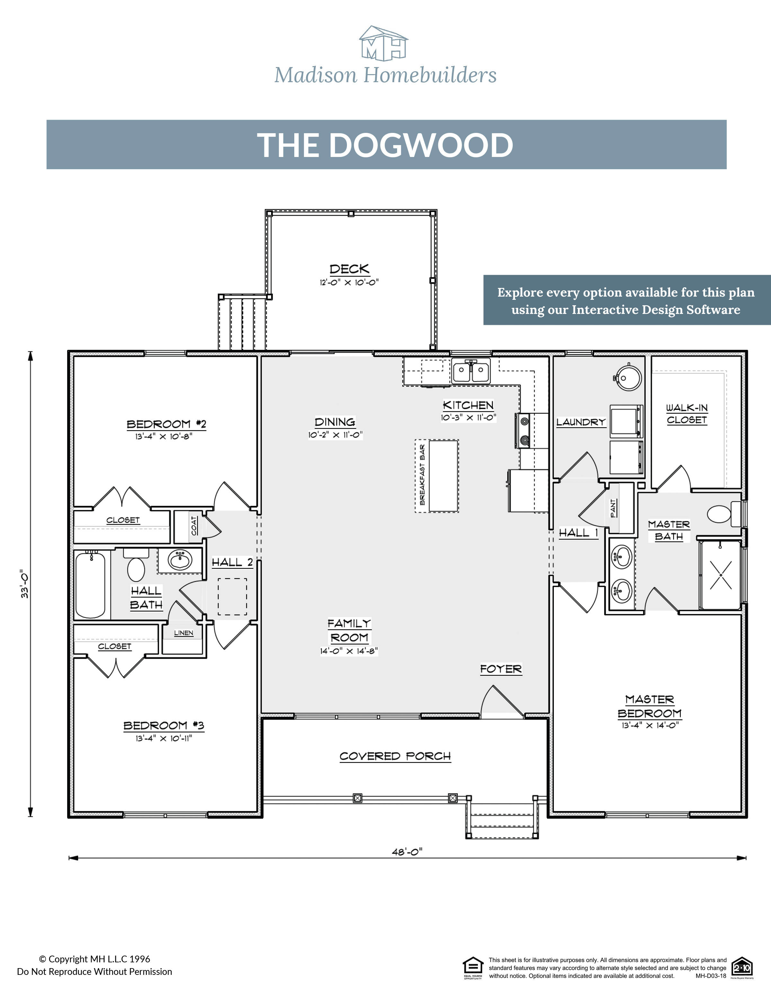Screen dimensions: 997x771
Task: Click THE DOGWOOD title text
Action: pos(385,145)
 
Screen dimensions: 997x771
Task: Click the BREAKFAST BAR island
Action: pos(443,476)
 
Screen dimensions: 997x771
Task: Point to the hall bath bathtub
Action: pos(91,585)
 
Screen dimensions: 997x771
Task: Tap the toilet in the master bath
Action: pos(720,514)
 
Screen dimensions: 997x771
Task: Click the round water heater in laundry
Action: pos(629,377)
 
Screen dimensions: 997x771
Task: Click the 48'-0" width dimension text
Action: pos(407,851)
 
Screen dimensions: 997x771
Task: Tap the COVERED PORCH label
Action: pos(395,756)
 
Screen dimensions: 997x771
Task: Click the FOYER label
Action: pos(501,669)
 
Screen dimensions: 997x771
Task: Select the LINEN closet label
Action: pos(184,633)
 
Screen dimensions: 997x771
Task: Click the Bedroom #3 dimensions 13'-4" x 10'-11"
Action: pos(164,738)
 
